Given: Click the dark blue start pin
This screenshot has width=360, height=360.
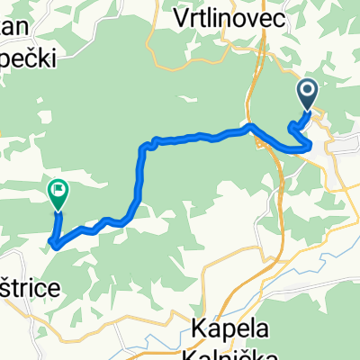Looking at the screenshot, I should pos(307,94).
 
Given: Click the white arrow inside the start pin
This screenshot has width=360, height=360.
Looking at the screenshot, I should pos(307,90).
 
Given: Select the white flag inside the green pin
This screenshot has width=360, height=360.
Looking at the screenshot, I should pos(58,189).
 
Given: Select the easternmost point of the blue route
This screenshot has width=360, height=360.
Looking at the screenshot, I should pos(311,143).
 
